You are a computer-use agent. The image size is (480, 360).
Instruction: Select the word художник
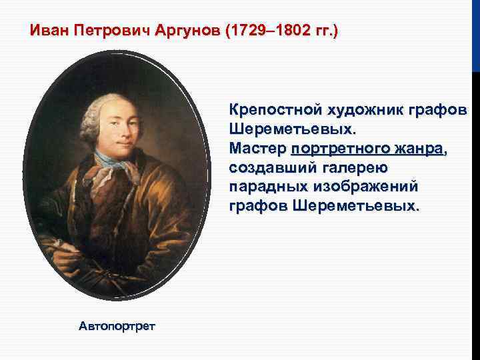[366, 109]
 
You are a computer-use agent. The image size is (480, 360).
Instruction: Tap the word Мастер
[257, 146]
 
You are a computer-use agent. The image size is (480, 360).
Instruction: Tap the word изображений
[363, 184]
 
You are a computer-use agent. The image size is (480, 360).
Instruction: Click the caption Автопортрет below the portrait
[117, 326]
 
